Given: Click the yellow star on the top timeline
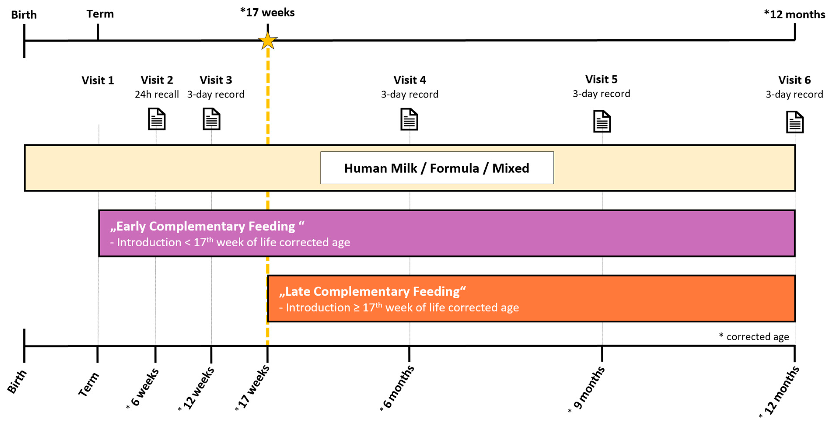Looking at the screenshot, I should pyautogui.click(x=267, y=41).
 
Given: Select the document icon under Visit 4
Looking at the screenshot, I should pyautogui.click(x=409, y=119).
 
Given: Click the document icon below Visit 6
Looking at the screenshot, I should pyautogui.click(x=794, y=122).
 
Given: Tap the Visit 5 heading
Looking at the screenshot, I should pyautogui.click(x=601, y=79).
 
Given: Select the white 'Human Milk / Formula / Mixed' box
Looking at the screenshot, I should pyautogui.click(x=437, y=168).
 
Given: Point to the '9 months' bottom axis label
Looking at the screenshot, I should pyautogui.click(x=588, y=388).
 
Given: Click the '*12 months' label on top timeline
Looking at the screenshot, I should pyautogui.click(x=794, y=14).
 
